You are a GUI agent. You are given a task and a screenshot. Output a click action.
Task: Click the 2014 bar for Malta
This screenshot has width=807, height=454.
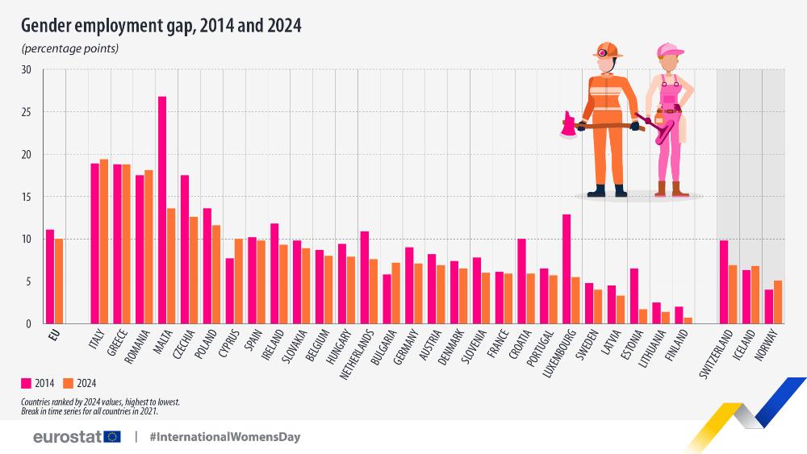coord(162,210)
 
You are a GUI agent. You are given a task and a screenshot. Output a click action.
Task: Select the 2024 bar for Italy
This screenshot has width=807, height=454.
coord(104,241)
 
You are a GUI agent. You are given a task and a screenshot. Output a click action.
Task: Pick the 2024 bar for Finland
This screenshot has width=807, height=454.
coord(688,320)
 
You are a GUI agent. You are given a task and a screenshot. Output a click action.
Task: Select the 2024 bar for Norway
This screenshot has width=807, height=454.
coord(778,302)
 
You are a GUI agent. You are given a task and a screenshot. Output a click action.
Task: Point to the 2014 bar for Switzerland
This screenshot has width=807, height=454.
coord(724,281)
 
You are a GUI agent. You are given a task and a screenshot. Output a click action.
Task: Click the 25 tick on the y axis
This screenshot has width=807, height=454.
coord(26,112)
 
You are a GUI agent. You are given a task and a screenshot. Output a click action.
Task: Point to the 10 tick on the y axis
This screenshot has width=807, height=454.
coord(26,239)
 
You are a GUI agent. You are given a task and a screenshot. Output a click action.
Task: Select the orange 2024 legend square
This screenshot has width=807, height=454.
coord(69,383)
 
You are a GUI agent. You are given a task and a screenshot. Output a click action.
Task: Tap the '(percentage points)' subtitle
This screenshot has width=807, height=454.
coord(70,48)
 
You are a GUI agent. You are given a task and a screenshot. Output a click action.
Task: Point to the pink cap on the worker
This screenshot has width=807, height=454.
coord(669,51)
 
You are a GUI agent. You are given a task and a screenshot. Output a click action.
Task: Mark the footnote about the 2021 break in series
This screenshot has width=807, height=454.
coord(90,410)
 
